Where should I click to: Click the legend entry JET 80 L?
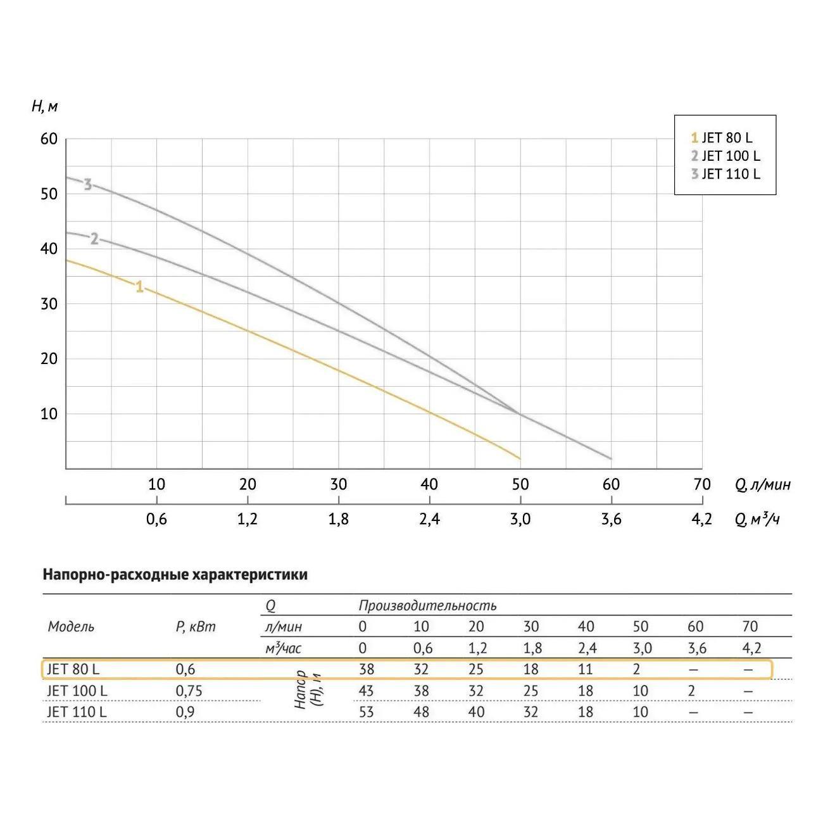(x=722, y=138)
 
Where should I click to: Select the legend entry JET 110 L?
(x=726, y=173)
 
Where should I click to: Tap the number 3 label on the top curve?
(x=87, y=185)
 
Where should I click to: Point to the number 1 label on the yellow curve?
(x=139, y=287)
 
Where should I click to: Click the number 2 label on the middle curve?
(x=94, y=239)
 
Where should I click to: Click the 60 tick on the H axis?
(x=49, y=139)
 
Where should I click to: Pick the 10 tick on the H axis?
(x=49, y=413)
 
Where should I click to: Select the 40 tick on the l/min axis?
(x=429, y=484)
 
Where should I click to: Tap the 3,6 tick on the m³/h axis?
(x=611, y=520)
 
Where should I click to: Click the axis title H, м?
(x=44, y=106)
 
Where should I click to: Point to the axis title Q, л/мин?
(x=763, y=485)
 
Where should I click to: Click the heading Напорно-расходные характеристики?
(x=175, y=575)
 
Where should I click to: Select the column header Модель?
(x=71, y=627)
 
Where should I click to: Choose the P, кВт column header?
(x=195, y=627)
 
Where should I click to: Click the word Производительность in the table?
(x=427, y=606)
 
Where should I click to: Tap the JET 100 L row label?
(x=77, y=691)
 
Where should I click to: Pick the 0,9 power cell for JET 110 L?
(x=185, y=712)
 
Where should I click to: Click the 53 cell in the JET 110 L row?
(x=366, y=712)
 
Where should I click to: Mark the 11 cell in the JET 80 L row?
(x=586, y=669)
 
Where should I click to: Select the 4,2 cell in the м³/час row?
(x=751, y=648)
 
